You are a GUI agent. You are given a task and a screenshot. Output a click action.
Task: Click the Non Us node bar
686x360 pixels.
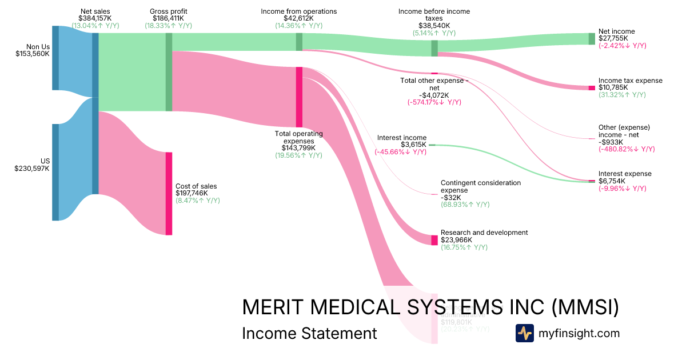tap(55, 58)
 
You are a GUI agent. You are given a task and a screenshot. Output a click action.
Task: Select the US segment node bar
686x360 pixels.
tap(55, 172)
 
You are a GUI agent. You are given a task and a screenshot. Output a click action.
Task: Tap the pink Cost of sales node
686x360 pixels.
tap(169, 193)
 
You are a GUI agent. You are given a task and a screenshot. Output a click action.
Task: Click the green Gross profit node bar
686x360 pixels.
tap(169, 72)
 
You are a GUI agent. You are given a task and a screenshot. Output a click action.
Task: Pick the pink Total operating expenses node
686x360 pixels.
tap(299, 97)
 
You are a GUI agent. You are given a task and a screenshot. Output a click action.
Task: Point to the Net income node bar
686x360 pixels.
tap(592, 39)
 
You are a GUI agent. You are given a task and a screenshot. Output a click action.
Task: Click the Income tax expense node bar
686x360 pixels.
tap(592, 88)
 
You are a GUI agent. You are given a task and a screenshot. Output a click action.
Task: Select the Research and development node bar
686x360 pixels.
tap(434, 239)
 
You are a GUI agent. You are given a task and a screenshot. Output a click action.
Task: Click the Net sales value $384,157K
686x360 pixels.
tap(94, 18)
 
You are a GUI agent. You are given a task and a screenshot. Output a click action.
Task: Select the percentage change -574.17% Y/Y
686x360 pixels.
tap(434, 102)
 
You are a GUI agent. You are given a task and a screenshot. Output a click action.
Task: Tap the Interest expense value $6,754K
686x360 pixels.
tap(612, 181)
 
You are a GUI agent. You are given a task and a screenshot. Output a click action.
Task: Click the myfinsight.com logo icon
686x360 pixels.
tap(524, 333)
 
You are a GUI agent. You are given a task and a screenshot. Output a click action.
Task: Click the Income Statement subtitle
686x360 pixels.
tap(309, 333)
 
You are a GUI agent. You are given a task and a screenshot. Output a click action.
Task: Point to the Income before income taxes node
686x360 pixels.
tap(434, 48)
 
